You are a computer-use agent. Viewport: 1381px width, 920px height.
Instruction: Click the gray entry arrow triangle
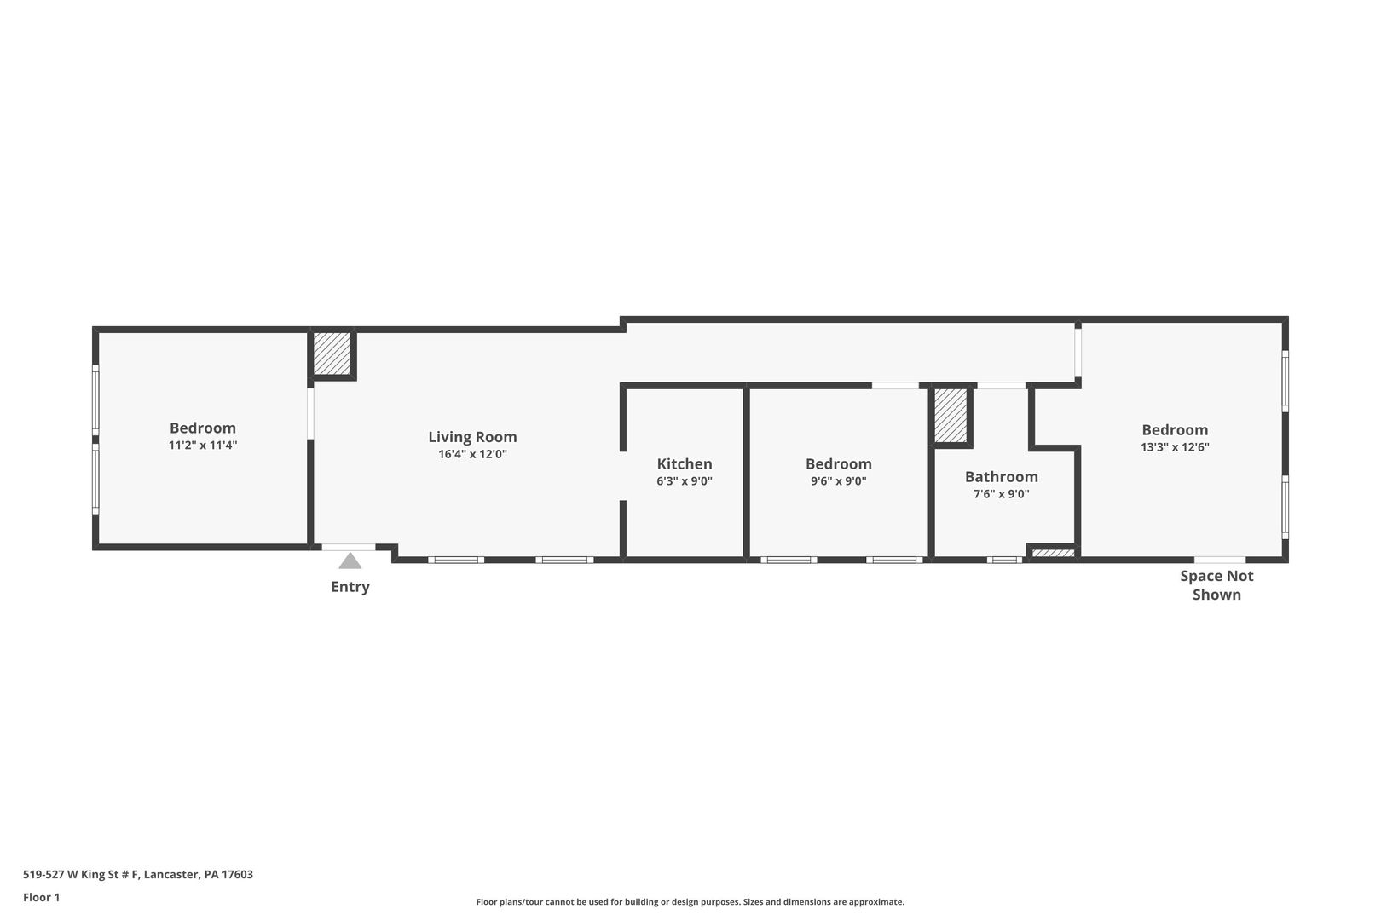[350, 561]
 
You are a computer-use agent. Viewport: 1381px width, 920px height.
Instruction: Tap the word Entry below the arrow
[350, 587]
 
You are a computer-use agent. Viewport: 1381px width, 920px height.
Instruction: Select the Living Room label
[473, 437]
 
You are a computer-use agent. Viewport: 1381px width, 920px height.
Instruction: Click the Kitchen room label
[685, 464]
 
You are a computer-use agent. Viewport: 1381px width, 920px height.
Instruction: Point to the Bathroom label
[1001, 477]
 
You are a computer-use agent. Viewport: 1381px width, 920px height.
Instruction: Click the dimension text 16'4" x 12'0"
[473, 455]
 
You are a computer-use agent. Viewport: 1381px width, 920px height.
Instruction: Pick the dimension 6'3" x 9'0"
[685, 481]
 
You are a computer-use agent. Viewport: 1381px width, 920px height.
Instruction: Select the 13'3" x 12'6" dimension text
[1175, 447]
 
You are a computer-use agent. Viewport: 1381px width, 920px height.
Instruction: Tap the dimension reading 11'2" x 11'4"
[203, 446]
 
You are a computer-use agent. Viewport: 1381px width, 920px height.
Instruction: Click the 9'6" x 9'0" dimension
[839, 481]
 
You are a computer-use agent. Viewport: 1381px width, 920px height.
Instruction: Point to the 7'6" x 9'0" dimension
[1001, 494]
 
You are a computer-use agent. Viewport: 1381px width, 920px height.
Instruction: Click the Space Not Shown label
[1216, 585]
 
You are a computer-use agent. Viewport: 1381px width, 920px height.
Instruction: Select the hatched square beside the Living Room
[332, 353]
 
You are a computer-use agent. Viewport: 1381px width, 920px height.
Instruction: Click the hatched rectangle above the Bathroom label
[951, 416]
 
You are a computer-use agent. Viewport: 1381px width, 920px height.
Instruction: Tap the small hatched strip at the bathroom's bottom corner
[1053, 553]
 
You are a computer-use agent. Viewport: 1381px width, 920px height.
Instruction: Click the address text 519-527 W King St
[81, 874]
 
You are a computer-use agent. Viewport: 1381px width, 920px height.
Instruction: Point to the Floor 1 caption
[41, 898]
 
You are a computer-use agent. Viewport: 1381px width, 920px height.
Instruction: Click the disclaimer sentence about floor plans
[690, 902]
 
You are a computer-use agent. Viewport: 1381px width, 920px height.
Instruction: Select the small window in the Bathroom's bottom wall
[1004, 561]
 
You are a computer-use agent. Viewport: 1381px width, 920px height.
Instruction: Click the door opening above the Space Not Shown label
[1220, 561]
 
